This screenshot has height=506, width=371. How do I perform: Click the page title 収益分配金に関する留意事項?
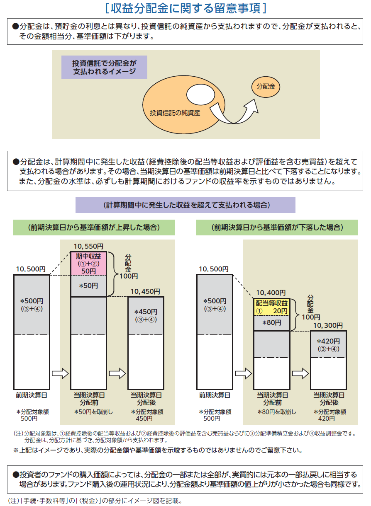185,8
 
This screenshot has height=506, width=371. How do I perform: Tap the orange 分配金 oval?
266,87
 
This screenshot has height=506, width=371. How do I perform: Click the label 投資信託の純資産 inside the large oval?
175,112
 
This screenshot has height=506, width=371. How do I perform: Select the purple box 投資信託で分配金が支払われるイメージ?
104,67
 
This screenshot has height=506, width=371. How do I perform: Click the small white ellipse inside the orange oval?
199,94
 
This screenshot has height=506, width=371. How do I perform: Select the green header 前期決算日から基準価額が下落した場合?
277,228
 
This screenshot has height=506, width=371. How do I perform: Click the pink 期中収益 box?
89,263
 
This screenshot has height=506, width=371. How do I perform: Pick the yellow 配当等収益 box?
271,307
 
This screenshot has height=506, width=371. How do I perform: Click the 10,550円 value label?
89,246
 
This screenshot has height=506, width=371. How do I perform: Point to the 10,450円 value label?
145,292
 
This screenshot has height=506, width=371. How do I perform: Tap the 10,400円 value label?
271,293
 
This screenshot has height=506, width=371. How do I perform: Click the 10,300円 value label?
328,326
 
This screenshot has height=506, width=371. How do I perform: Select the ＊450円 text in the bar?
146,312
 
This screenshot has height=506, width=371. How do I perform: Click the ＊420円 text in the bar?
328,341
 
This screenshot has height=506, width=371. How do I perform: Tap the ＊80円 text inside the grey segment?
271,322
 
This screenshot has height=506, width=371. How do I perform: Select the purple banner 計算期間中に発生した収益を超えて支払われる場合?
185,205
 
